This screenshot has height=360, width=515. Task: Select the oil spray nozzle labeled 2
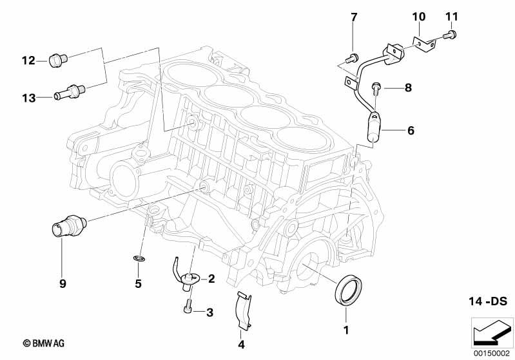coord(192,279)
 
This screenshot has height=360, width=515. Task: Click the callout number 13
coord(28,97)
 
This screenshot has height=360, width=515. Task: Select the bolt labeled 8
coord(377,86)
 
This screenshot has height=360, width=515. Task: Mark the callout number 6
coord(410,130)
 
